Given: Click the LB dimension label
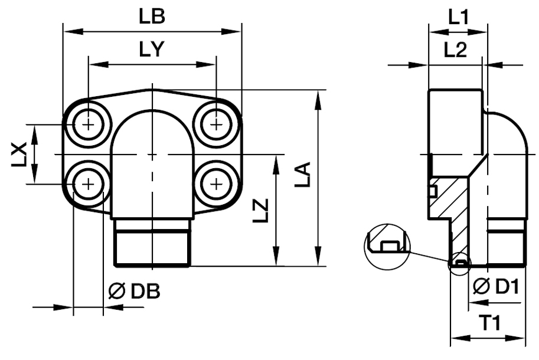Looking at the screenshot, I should coord(152,17).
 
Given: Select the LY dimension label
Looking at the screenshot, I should coord(152,50).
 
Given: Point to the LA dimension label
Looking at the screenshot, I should coord(303,178).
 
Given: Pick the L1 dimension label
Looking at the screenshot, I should coord(458,17).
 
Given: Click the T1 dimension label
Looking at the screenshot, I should coord(489,323).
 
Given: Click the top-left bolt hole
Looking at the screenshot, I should coord(88,125).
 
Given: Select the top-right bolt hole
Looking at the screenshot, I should coord(217,125).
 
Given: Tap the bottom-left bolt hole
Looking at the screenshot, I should coord(88,184).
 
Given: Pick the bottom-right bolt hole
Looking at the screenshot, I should coord(217,184).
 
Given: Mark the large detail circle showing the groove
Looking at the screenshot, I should coord(387,246).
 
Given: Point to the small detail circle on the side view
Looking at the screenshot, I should coord(459,263).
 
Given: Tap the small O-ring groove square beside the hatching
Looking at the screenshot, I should coord(432,191).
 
